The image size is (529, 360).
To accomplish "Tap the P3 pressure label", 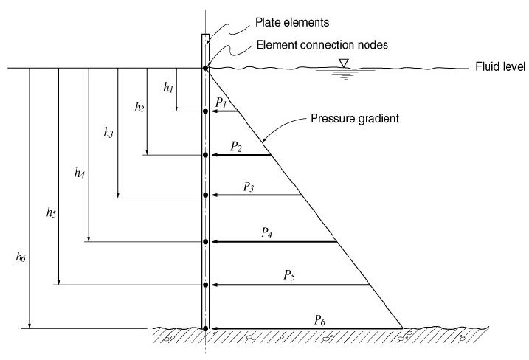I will [x=249, y=187].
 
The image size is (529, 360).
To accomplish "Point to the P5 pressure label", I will [x=290, y=275].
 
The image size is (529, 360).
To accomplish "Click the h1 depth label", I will [x=168, y=88].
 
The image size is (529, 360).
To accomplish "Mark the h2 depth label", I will [x=139, y=107].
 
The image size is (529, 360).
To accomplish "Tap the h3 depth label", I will [x=109, y=133].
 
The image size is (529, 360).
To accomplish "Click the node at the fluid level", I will [x=206, y=69].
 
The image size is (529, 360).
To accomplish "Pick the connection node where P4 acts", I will [x=206, y=241].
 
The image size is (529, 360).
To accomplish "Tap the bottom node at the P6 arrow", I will [x=206, y=328].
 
